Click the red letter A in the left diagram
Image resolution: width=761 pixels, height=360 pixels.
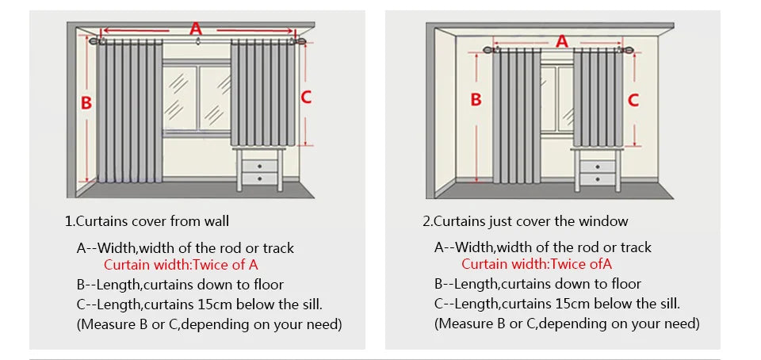tap(196, 29)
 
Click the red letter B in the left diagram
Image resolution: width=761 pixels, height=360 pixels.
tap(87, 102)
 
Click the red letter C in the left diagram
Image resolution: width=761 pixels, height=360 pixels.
tap(306, 98)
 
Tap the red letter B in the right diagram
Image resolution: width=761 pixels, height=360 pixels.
tap(476, 99)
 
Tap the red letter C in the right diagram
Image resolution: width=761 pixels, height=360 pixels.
tap(633, 100)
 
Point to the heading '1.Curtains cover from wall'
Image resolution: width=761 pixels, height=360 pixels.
tap(147, 221)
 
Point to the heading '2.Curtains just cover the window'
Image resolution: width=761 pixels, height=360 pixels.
tap(526, 221)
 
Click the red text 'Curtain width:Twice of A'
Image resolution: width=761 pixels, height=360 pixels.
tap(181, 265)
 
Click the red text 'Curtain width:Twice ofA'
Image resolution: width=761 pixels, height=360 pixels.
tap(537, 265)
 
